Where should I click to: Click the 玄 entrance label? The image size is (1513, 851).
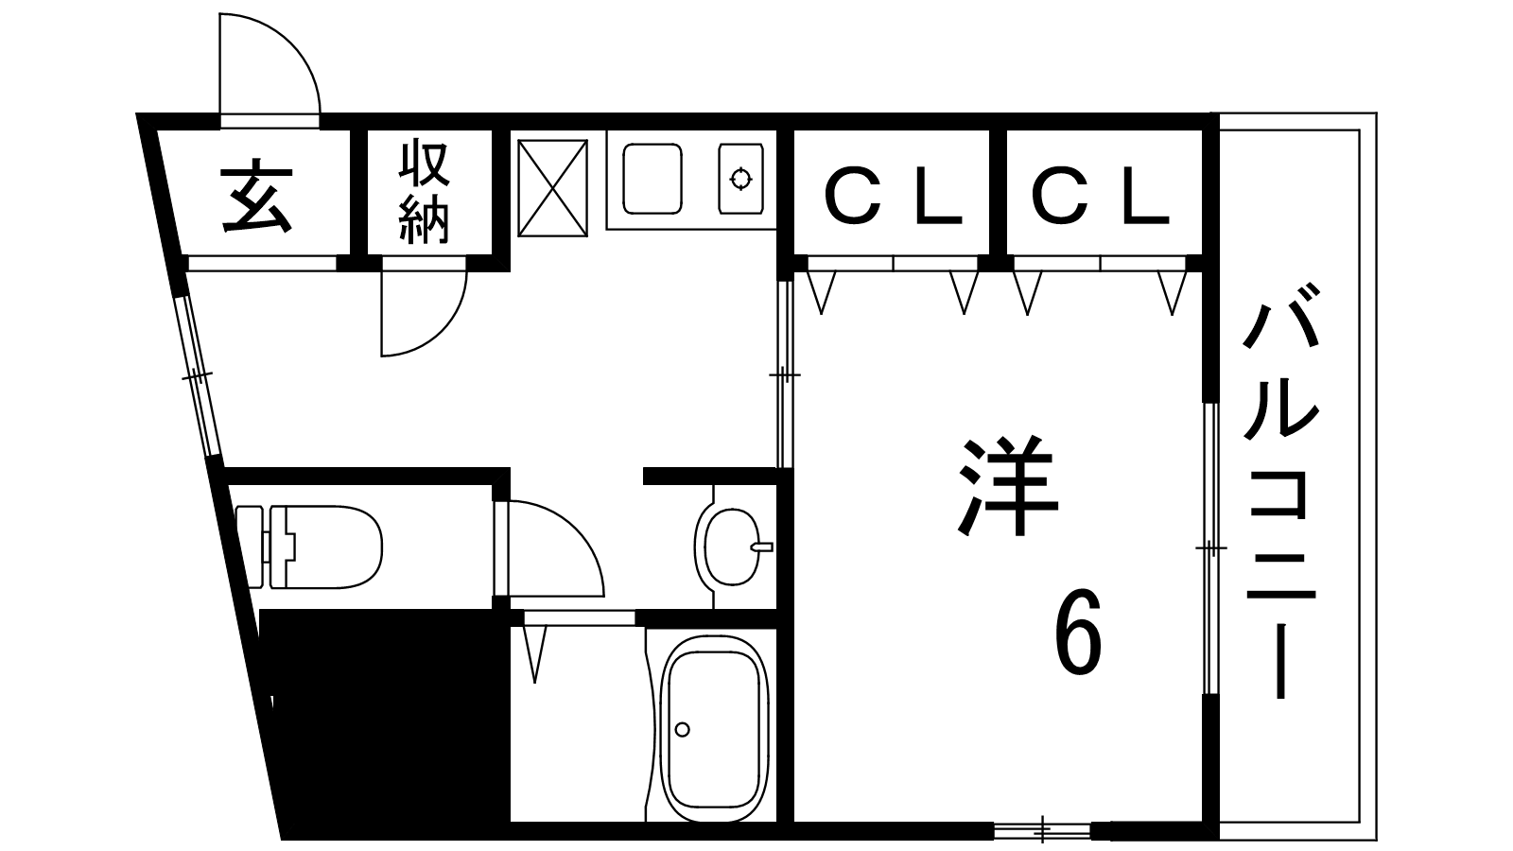(x=257, y=196)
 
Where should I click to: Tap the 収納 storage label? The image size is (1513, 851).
(x=425, y=193)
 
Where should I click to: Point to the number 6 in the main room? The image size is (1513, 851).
(x=1079, y=632)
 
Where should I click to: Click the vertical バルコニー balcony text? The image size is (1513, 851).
(x=1280, y=491)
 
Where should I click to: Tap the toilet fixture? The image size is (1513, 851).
(x=309, y=547)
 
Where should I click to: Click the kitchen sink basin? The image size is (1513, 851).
(x=652, y=179)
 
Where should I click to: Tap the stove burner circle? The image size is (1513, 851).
(x=741, y=179)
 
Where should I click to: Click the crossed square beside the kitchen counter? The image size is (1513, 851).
(x=552, y=188)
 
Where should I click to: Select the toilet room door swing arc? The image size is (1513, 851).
(x=557, y=548)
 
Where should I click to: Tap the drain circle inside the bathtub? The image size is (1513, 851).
(x=682, y=729)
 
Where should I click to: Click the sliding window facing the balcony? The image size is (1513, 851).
(x=1211, y=548)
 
